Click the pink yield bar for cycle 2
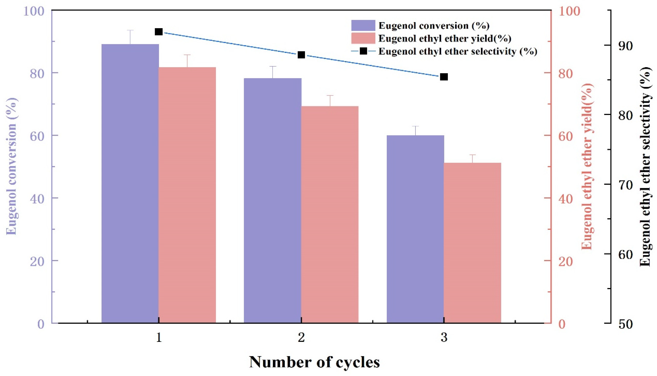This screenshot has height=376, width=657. tap(330, 214)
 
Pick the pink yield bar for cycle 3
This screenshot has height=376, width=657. tap(472, 243)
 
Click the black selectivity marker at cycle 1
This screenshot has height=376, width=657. tap(159, 32)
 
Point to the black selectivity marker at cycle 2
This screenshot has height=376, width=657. tap(301, 55)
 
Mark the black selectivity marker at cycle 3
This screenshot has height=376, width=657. tap(444, 77)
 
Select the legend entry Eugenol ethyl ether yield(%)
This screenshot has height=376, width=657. tap(444, 39)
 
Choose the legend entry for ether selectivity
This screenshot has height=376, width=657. tap(457, 51)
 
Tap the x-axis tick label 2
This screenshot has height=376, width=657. tap(301, 338)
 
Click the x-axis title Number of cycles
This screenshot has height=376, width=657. tap(314, 362)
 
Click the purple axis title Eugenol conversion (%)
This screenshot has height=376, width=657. tap(12, 166)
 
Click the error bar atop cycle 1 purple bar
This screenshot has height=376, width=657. tap(130, 37)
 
